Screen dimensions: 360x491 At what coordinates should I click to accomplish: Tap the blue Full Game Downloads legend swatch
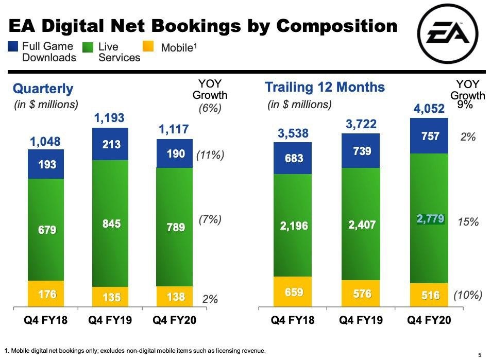[14, 47]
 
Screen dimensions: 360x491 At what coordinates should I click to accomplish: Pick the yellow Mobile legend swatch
[150, 47]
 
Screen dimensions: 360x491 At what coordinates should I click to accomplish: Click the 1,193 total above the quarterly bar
[109, 118]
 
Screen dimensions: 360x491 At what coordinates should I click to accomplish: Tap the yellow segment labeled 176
[46, 294]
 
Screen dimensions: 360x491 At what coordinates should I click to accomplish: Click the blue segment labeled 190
[175, 153]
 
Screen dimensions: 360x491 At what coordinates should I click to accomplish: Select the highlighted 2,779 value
[430, 219]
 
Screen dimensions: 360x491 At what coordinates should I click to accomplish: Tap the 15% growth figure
[468, 222]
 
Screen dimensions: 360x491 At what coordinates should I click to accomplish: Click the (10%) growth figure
[467, 295]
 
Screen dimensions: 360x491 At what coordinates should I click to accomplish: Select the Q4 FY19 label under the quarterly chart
[110, 320]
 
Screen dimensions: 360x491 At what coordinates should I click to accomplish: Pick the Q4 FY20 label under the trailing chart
[429, 320]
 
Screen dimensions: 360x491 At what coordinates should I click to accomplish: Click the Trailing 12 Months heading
[325, 87]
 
